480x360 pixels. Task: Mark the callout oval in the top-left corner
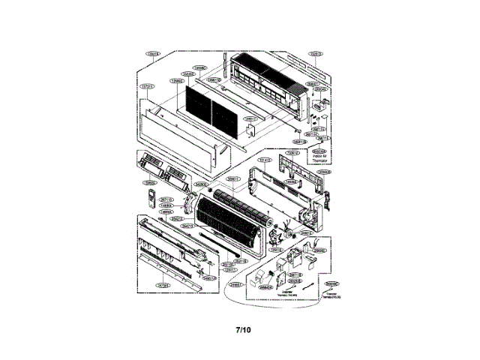click(153, 54)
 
